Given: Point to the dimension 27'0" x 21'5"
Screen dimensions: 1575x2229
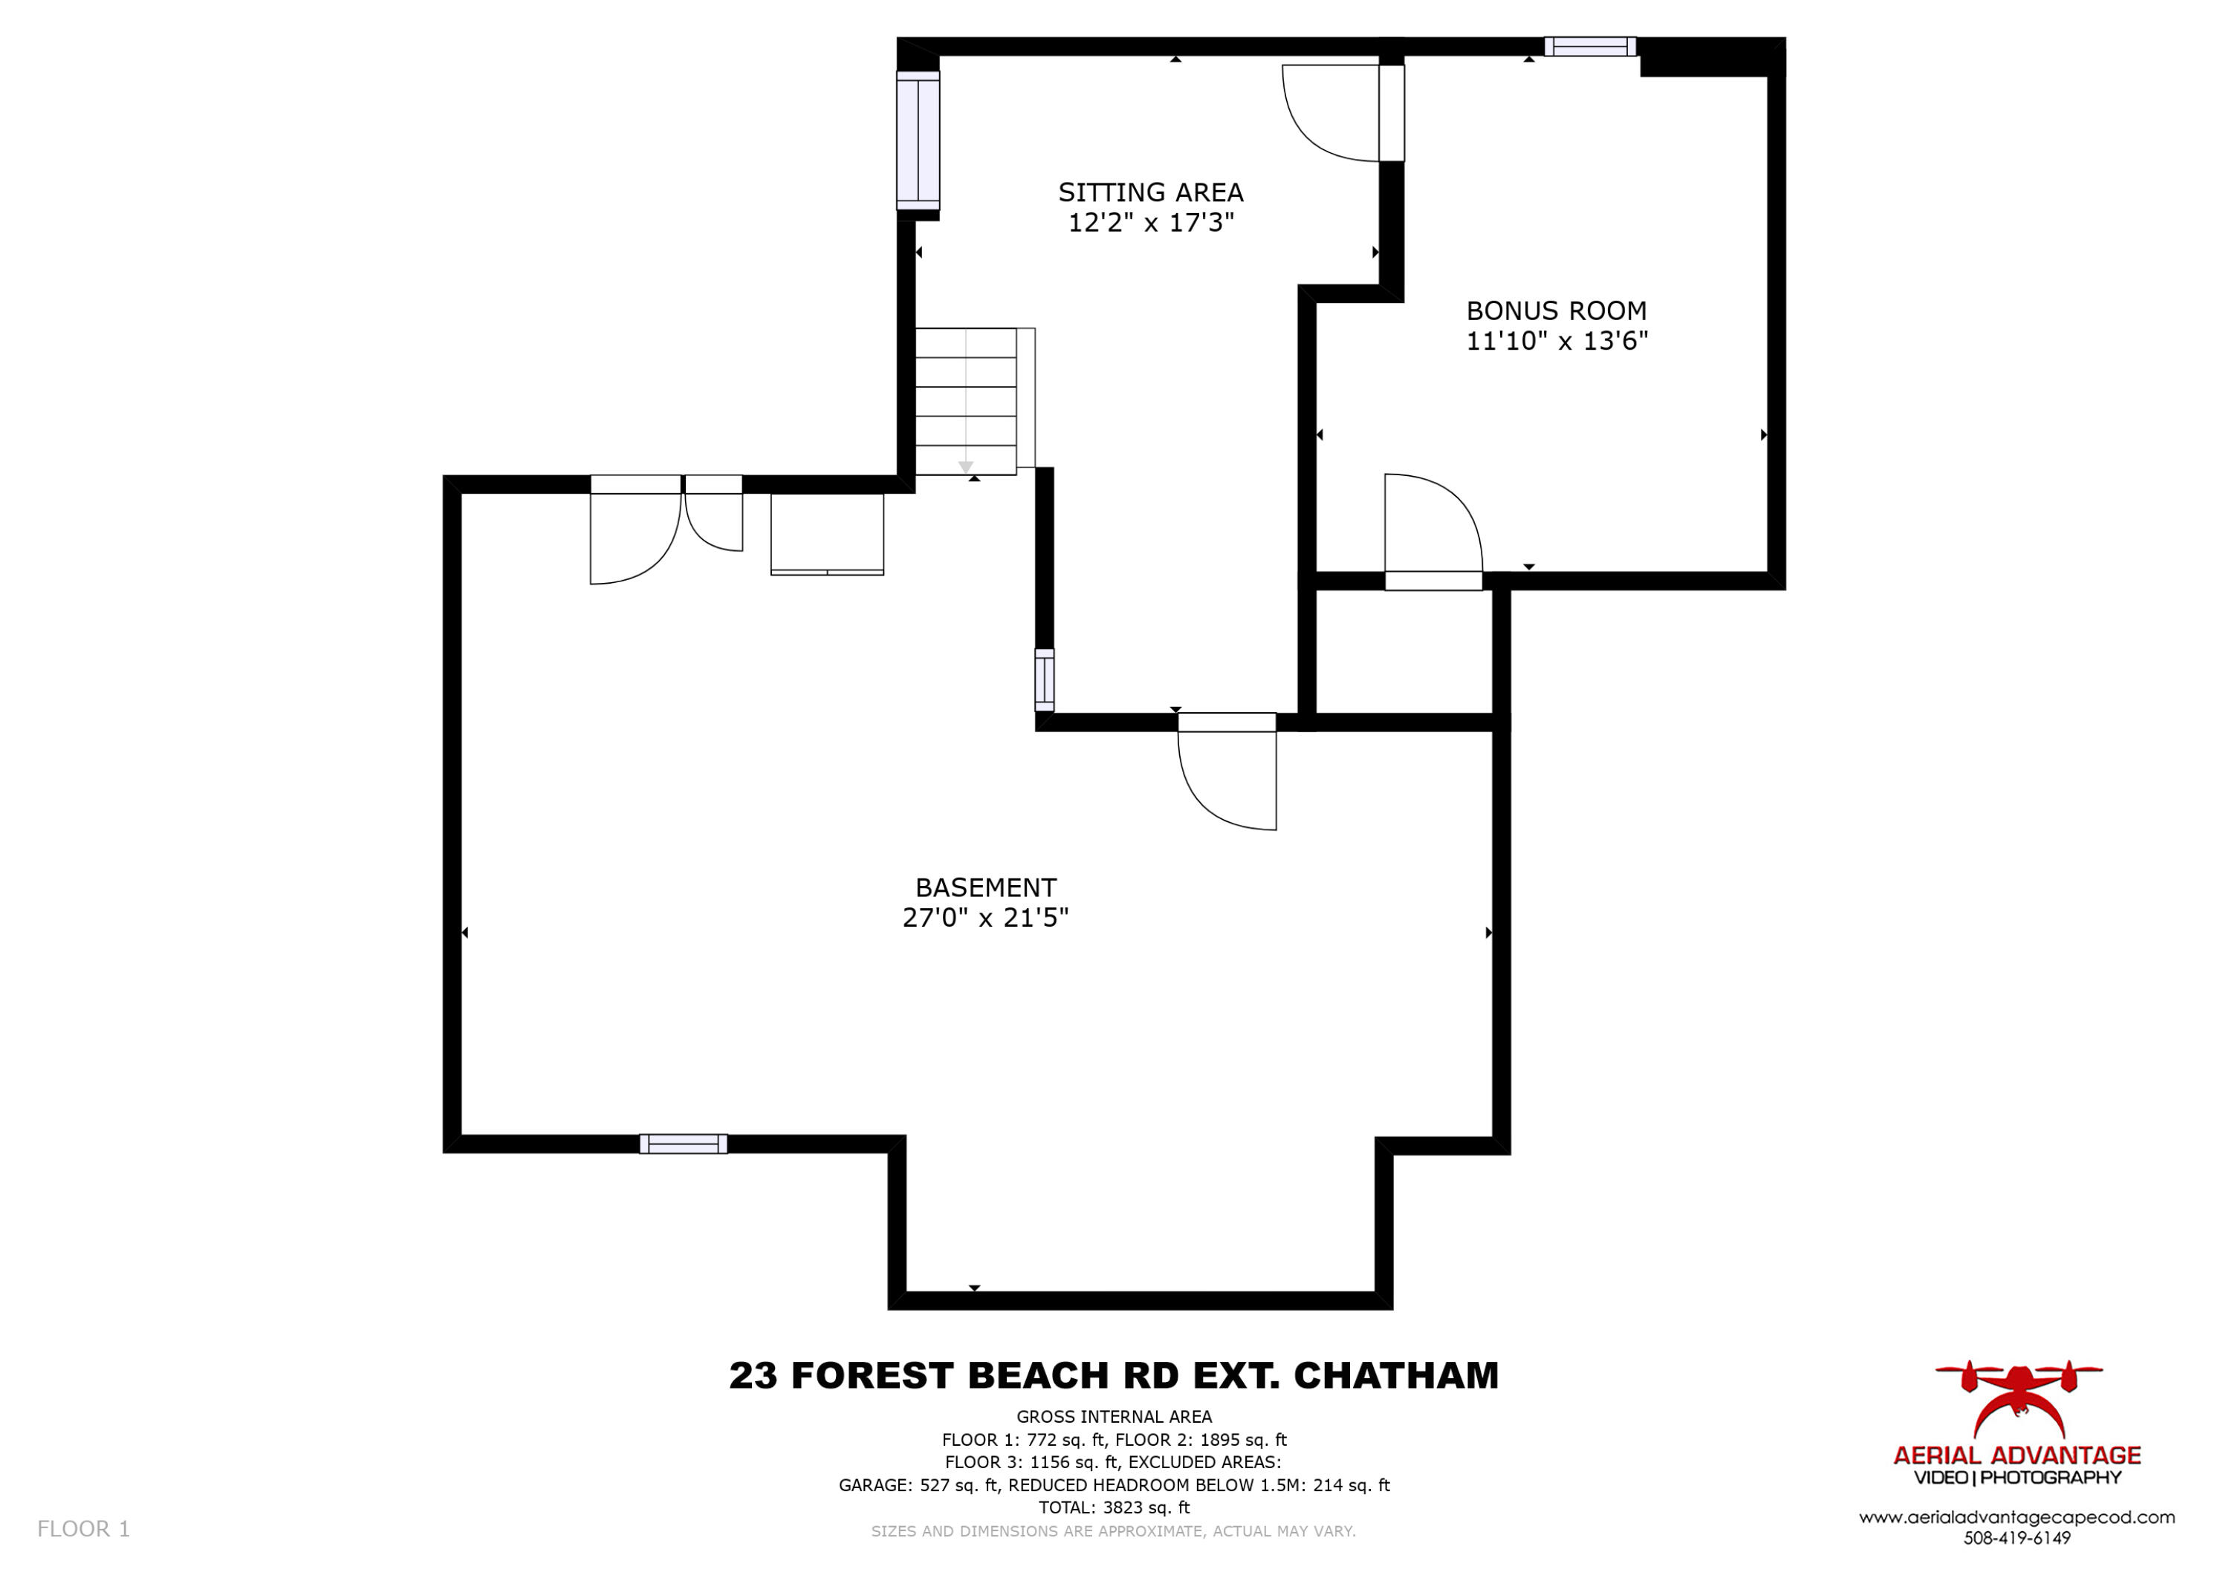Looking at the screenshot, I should point(985,917).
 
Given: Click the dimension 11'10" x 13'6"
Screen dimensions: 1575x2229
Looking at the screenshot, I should point(1557,341).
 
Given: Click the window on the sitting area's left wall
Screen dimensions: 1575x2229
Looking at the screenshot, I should point(918,140).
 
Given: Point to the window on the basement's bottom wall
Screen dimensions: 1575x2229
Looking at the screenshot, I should point(683,1144).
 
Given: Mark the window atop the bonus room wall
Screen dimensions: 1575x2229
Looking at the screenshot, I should point(1589,47).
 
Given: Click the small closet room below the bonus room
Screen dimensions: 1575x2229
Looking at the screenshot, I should point(1403,651).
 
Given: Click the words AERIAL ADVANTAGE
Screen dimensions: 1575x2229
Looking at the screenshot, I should point(2017,1455).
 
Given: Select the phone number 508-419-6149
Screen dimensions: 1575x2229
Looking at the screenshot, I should point(2017,1538).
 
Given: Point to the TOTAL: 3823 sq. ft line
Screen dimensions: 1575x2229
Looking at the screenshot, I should point(1114,1507).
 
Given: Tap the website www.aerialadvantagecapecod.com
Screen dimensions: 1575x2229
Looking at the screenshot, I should point(2017,1517).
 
